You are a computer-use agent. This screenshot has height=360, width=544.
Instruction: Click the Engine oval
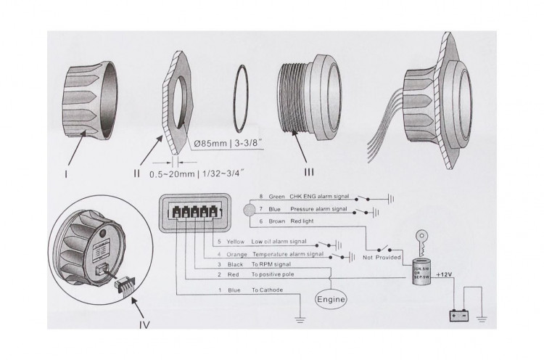tap(330, 298)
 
